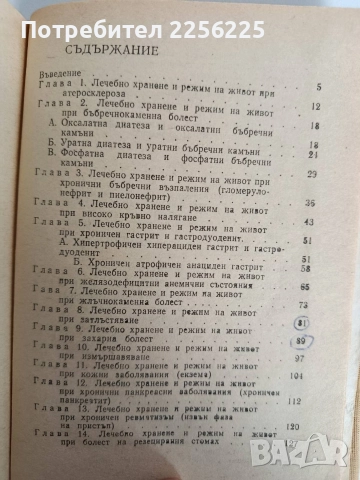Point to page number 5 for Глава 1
click(317, 88)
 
